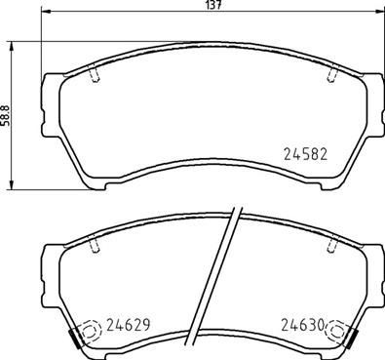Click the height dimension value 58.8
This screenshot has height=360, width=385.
point(6,115)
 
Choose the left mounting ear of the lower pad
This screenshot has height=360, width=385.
point(50,263)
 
